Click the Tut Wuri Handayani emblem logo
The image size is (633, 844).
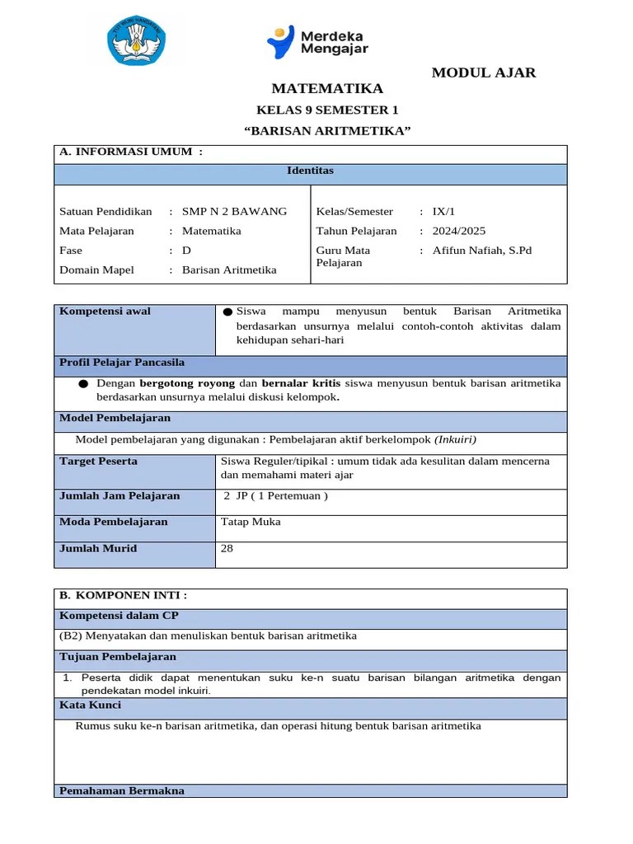coord(137,44)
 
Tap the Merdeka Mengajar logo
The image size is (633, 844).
coord(317,42)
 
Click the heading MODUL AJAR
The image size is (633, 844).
coord(484,73)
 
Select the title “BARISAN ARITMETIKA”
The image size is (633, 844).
coord(327,131)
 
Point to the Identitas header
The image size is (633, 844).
coord(310,171)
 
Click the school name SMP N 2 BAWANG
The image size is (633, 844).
coord(234,211)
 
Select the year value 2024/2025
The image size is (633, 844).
coord(459,231)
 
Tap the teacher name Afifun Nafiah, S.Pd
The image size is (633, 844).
coord(482,251)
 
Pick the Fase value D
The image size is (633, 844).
coord(186,251)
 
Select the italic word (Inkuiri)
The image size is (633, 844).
coord(455,439)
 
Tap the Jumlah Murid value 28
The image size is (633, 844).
coord(227,548)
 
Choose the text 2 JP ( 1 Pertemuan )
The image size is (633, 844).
coord(276,496)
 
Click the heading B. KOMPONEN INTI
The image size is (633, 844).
coord(124,595)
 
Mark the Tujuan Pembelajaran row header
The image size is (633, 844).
coord(118,657)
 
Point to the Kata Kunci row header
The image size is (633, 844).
coord(91,706)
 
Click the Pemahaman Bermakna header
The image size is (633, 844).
coord(122,790)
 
